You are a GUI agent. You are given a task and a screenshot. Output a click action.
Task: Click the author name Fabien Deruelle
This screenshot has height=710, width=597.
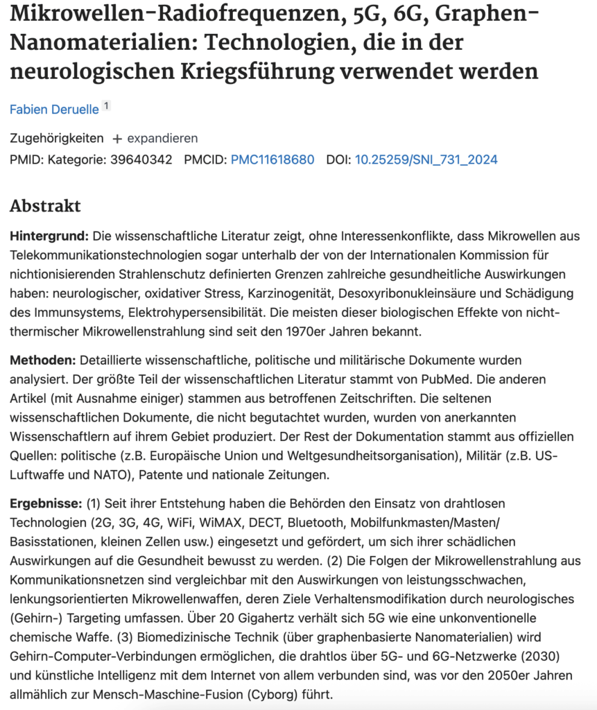(x=54, y=110)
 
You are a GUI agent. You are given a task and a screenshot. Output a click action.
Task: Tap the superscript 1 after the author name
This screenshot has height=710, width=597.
(x=106, y=106)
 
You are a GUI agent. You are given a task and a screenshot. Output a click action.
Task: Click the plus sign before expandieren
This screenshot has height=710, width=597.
(x=117, y=138)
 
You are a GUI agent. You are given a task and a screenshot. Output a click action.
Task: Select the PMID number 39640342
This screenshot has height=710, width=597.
(x=141, y=159)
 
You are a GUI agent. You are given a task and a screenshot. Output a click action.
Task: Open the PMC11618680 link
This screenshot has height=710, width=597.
(x=272, y=159)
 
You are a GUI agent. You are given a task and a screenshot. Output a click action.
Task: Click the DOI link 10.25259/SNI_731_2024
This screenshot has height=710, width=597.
(x=426, y=159)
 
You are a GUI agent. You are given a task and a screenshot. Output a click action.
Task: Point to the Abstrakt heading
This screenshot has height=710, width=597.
(x=45, y=206)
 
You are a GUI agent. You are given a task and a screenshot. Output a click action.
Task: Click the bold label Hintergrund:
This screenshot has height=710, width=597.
(x=49, y=236)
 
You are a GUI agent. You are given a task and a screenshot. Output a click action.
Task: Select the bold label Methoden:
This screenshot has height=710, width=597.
(x=43, y=361)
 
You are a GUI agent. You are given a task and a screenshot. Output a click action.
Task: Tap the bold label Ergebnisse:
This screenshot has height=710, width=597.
(x=46, y=503)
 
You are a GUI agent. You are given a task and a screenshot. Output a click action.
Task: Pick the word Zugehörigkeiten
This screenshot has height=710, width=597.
(x=57, y=138)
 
